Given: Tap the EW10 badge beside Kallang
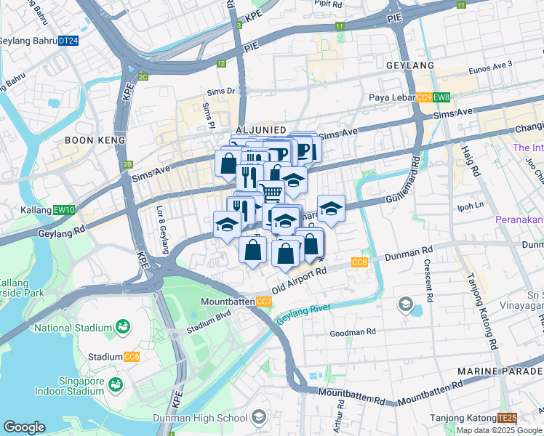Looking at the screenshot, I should (64, 210).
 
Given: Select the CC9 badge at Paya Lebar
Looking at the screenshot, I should (425, 98).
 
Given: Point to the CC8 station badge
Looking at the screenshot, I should (359, 262).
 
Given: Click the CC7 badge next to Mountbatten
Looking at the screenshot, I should (264, 302).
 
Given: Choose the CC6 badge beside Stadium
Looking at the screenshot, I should (132, 357).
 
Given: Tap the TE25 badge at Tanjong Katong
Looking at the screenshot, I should (507, 418).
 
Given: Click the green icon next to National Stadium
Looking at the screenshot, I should (123, 328).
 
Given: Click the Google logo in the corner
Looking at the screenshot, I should (25, 427).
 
